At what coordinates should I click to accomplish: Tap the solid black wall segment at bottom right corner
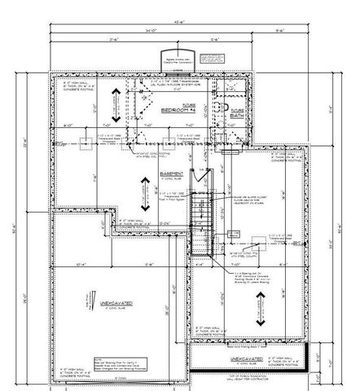pos(307,358)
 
